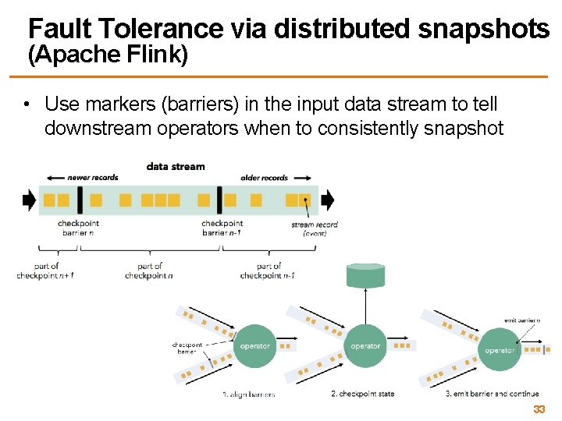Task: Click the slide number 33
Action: (x=539, y=410)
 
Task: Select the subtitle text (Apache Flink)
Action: (x=108, y=55)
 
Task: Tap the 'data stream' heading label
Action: (x=176, y=166)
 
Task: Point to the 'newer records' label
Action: (x=93, y=178)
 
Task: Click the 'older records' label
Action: (x=264, y=178)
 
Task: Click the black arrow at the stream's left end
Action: (x=29, y=200)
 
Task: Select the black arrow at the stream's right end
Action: (x=327, y=200)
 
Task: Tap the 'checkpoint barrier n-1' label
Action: (x=222, y=228)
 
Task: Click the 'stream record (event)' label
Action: (x=314, y=228)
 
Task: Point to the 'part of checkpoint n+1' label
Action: (x=44, y=271)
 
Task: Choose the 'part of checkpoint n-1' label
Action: (x=268, y=271)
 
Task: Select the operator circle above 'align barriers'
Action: (x=254, y=346)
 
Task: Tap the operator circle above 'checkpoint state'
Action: (x=365, y=346)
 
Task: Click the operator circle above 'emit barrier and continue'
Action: (x=499, y=350)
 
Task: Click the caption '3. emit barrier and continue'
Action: (x=492, y=394)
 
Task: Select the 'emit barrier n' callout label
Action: (x=522, y=321)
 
